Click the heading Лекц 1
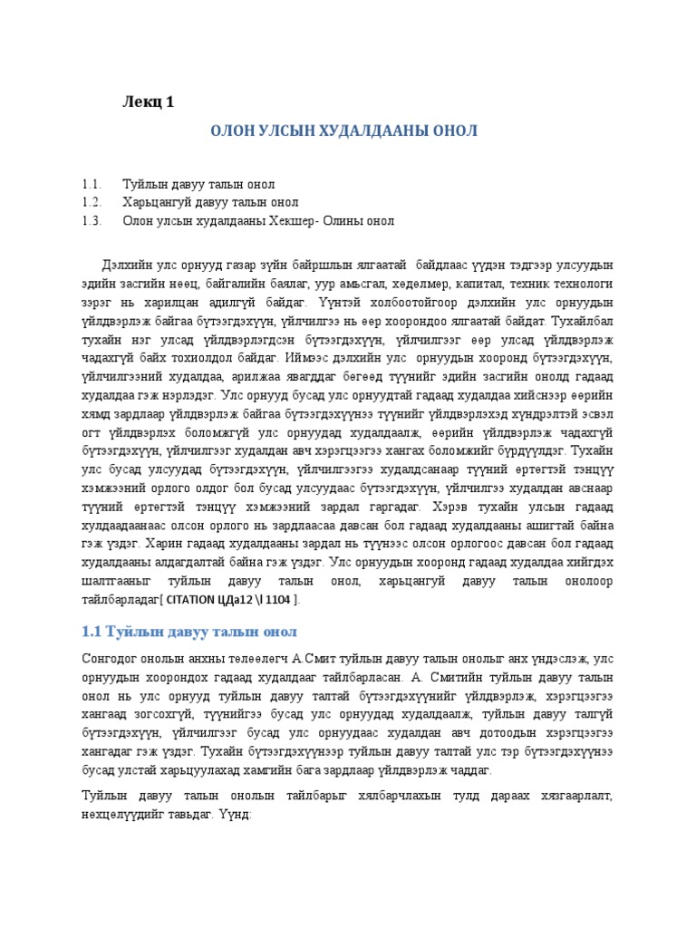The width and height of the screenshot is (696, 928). pos(148,101)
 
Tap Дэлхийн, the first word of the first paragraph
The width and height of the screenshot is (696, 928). pos(126,265)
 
